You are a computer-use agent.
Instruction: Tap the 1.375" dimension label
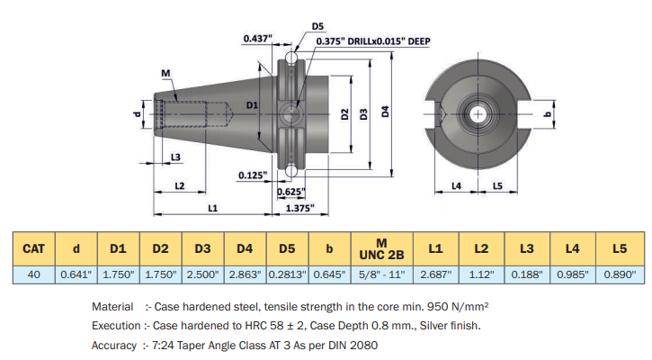coord(299,208)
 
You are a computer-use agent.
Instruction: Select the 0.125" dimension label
coord(252,175)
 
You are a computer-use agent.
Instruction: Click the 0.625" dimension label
coord(290,191)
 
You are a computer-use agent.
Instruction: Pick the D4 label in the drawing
coord(384,112)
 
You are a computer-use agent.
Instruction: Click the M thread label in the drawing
coord(166,72)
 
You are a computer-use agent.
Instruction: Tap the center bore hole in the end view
coord(478,115)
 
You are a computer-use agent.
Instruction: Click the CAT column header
coord(34,247)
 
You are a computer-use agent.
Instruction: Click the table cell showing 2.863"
coord(244,274)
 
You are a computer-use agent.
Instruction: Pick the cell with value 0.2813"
coord(287,274)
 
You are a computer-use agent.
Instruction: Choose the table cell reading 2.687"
coord(435,274)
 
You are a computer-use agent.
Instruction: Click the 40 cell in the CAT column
coord(34,274)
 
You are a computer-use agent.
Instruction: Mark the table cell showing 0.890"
coord(619,274)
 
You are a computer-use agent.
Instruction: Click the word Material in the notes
coord(112,307)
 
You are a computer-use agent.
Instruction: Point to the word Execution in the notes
coord(115,326)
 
